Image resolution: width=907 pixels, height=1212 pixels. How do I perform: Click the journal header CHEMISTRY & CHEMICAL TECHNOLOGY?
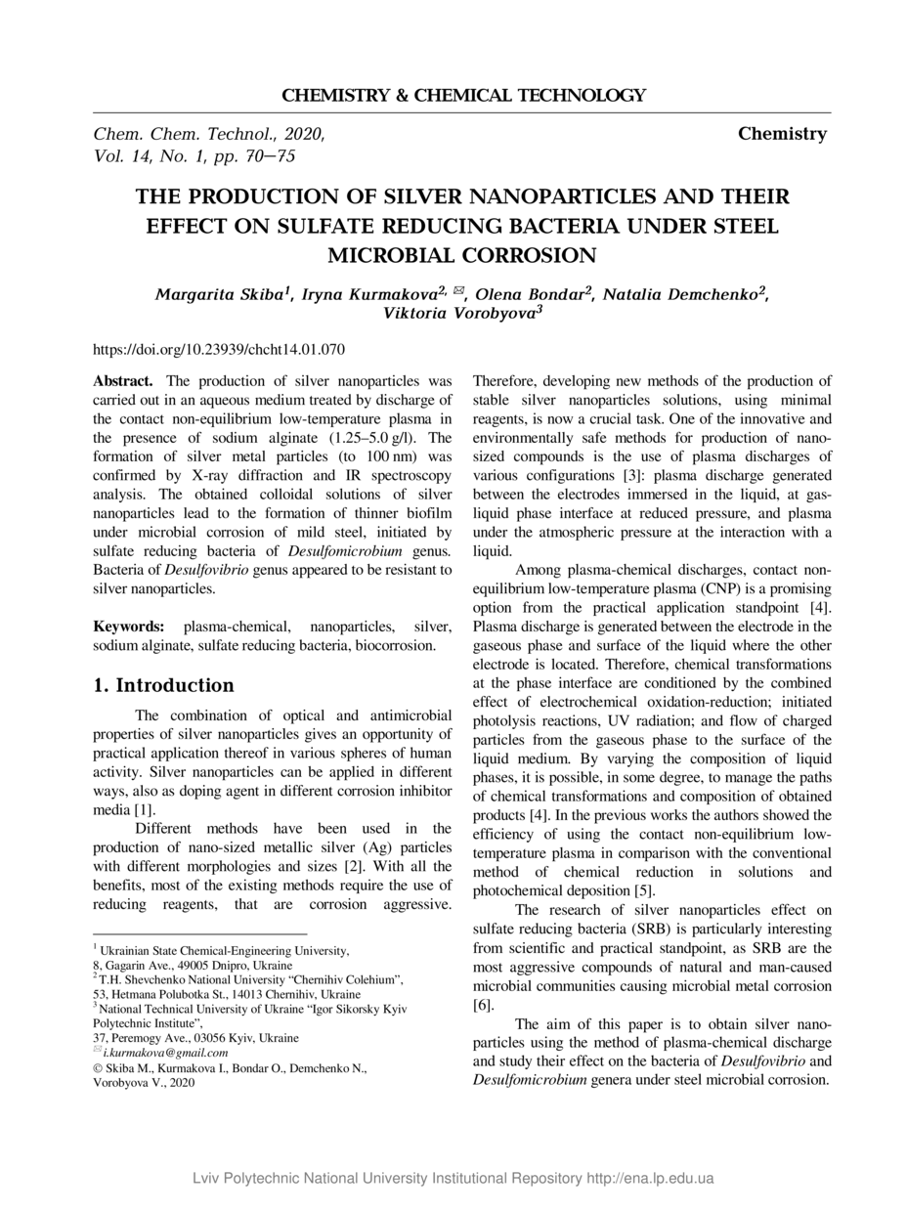pos(463,96)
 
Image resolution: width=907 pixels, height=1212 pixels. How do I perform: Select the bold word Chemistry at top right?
pos(782,134)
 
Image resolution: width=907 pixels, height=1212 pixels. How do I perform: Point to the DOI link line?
pos(218,349)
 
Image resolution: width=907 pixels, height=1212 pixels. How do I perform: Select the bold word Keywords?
pos(128,626)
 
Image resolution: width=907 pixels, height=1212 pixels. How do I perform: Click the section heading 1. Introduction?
pos(163,685)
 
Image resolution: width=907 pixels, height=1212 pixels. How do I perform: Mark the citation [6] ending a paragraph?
pos(483,1004)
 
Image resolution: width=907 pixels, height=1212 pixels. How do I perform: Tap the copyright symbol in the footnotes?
pos(97,1068)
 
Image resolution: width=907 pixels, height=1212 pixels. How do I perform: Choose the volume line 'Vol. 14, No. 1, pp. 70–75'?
pos(194,155)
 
